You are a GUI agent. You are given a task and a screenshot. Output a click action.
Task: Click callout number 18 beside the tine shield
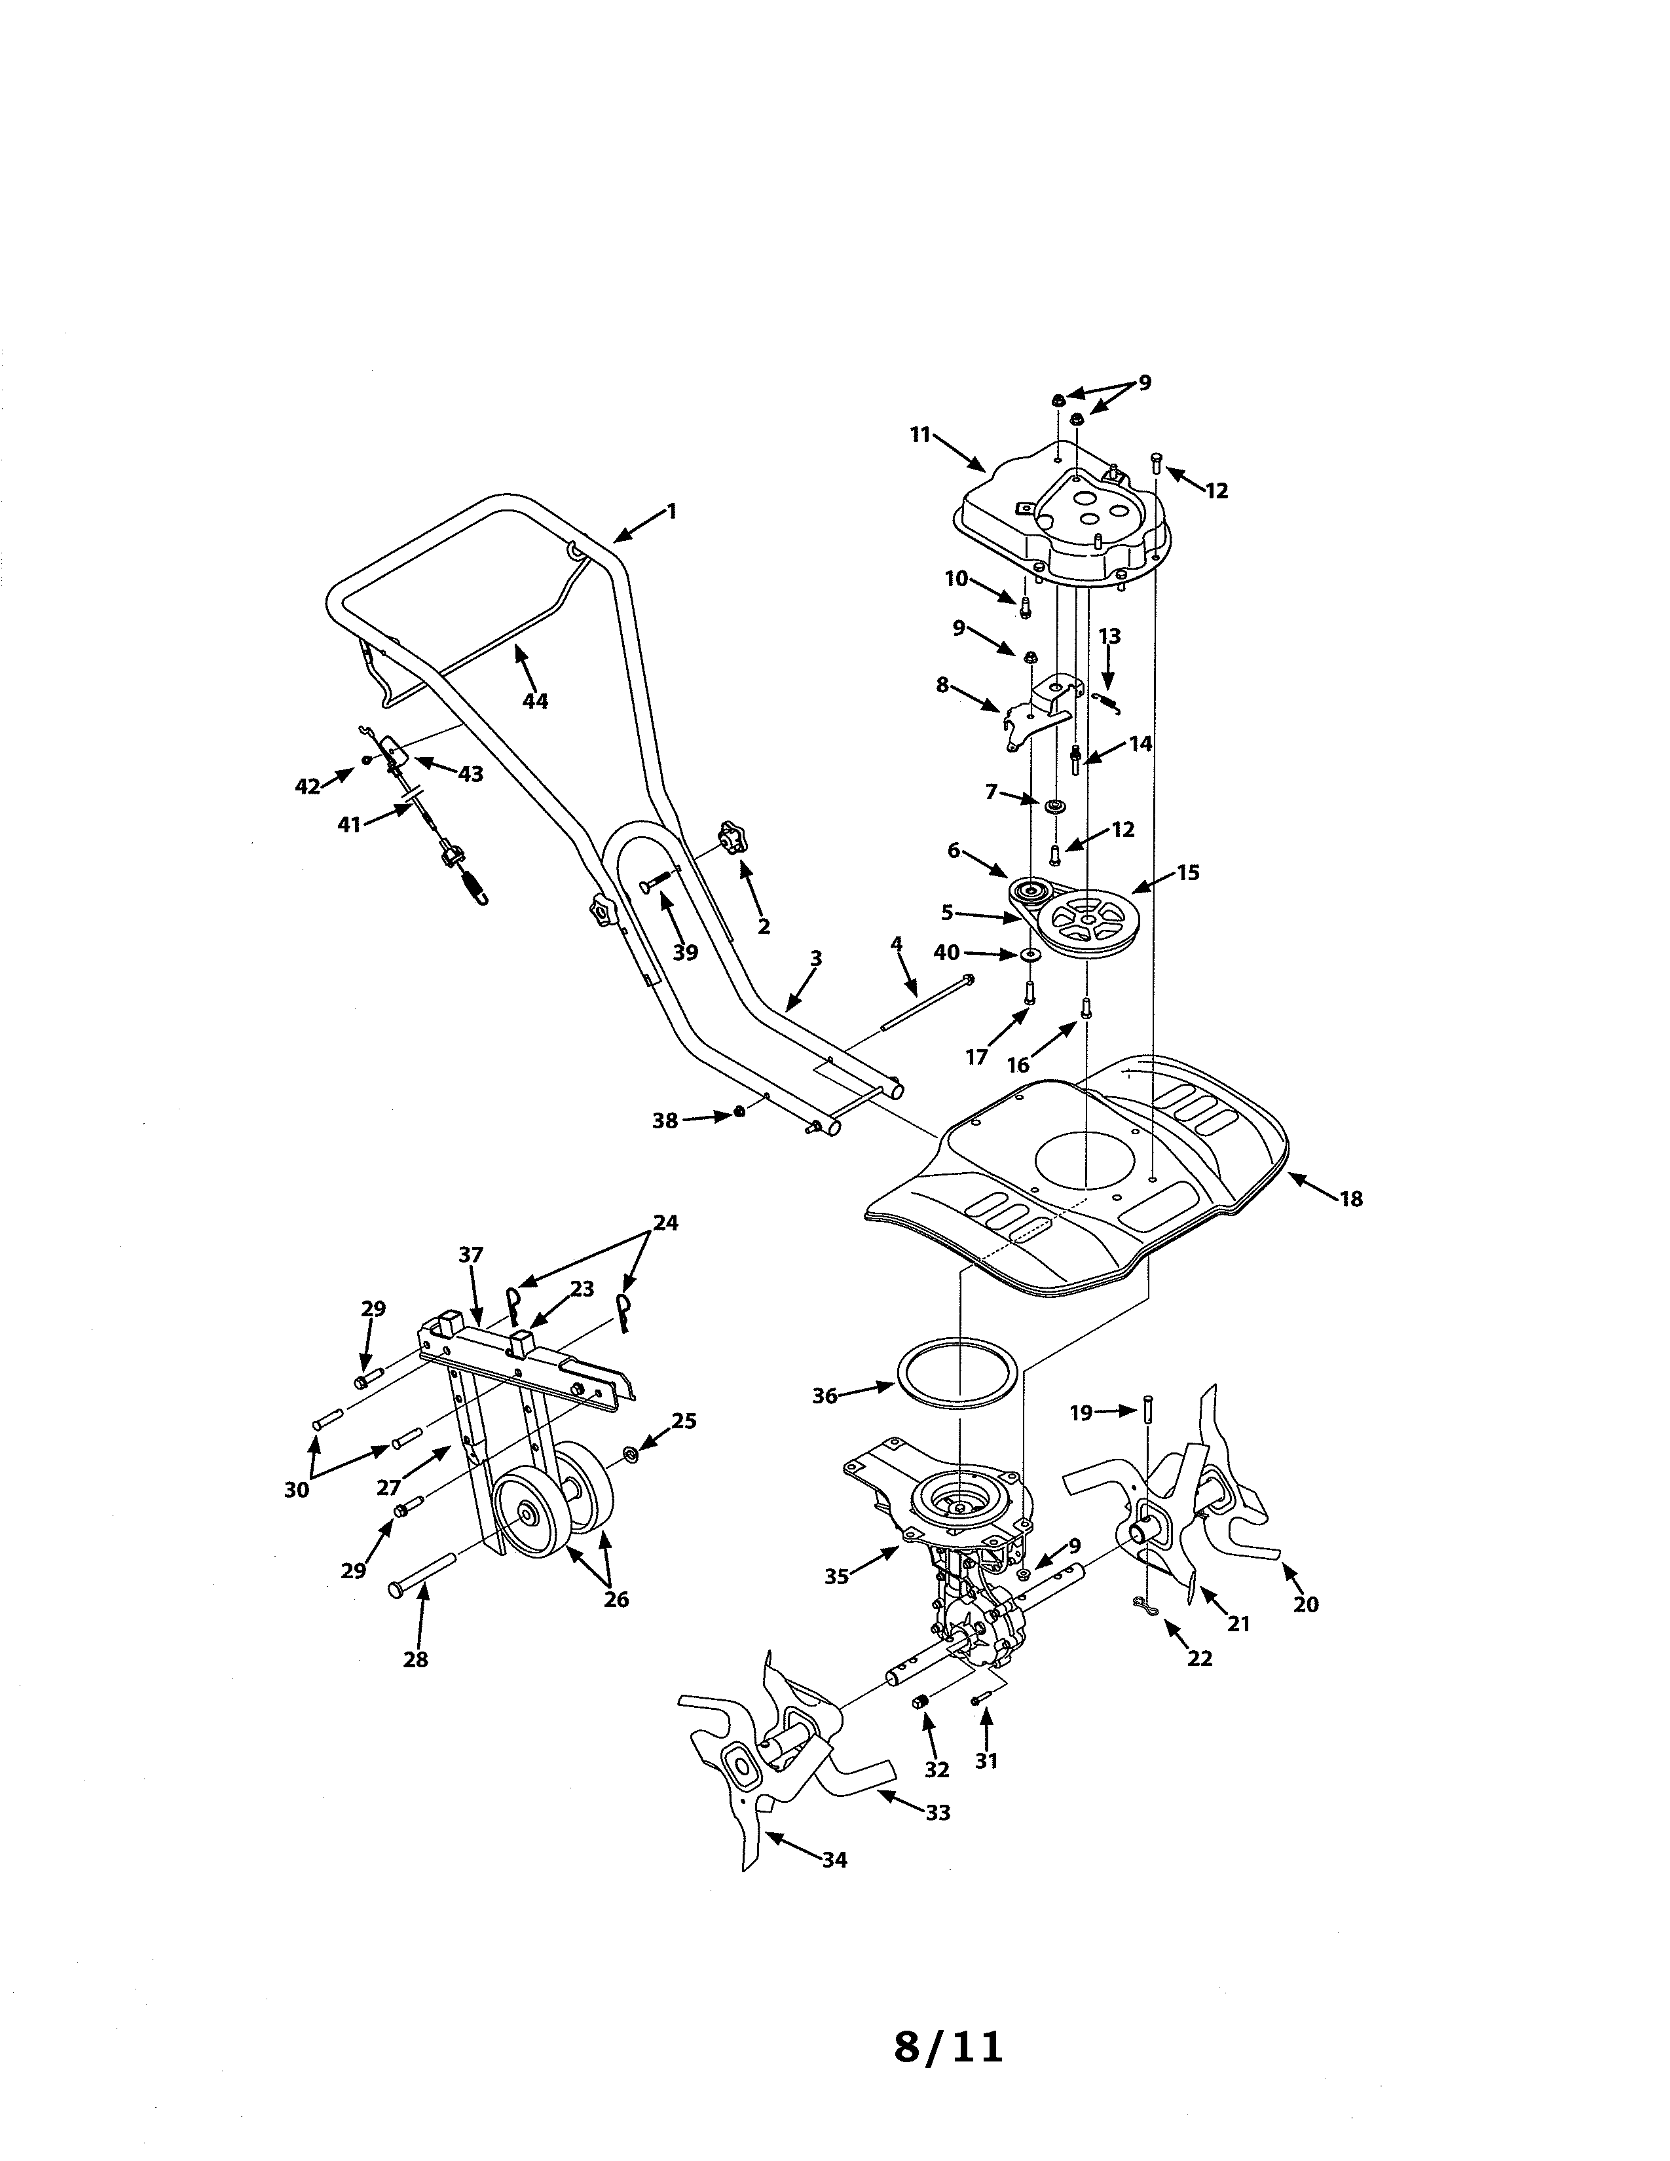[x=1350, y=1199]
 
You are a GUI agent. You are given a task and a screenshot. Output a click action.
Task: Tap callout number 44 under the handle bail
[x=534, y=701]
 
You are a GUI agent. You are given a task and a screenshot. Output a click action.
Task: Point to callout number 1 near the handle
[x=672, y=511]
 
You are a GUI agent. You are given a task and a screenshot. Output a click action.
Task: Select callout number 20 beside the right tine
[x=1306, y=1604]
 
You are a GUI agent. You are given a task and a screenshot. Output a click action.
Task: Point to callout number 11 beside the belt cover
[x=921, y=434]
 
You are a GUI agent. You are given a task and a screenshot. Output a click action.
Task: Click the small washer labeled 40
[x=1030, y=954]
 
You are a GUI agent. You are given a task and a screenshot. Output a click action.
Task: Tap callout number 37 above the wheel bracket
[x=471, y=1255]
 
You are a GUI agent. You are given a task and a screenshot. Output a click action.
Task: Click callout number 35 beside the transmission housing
[x=837, y=1576]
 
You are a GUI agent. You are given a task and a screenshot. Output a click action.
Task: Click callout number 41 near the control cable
[x=349, y=823]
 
